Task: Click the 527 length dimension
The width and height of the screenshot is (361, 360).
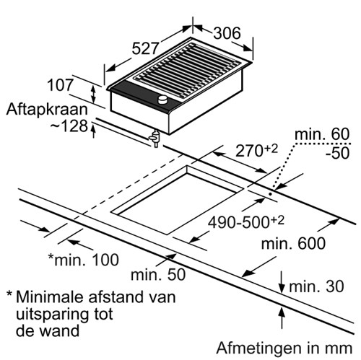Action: [146, 48]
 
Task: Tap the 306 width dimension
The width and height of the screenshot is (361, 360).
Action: [227, 33]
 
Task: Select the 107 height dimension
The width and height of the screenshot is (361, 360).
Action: [60, 85]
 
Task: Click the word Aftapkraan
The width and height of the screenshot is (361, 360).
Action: [47, 110]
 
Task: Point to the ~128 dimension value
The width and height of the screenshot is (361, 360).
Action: [69, 126]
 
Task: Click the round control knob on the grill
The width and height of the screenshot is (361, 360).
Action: [162, 100]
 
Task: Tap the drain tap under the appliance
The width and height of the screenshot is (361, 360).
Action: [155, 139]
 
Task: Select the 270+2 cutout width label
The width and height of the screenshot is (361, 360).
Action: [256, 150]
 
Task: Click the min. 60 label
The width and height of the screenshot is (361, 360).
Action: [322, 133]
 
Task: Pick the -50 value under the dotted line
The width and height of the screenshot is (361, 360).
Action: [337, 153]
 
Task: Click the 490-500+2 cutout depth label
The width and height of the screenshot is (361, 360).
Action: [246, 221]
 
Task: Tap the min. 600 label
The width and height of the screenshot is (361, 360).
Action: [293, 243]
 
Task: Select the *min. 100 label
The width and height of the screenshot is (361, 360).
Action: [84, 260]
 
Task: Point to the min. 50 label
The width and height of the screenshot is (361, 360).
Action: [158, 274]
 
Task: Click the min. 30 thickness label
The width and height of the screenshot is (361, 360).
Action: [316, 286]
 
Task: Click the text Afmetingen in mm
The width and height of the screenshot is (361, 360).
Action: [284, 348]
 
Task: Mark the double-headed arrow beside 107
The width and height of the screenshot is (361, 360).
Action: [94, 95]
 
